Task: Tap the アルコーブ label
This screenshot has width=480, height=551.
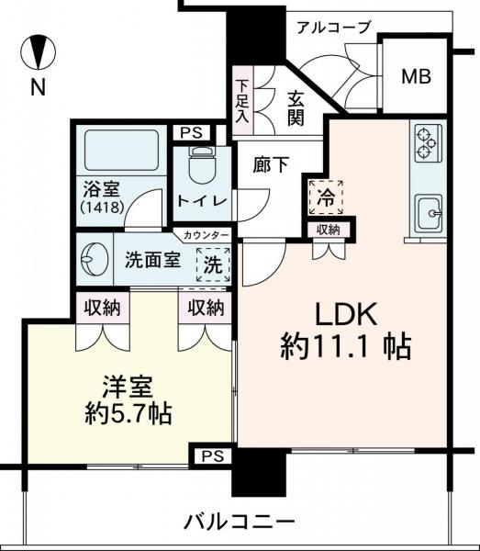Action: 333,27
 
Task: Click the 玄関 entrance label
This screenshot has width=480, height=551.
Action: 295,107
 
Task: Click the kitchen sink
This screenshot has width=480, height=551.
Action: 429,216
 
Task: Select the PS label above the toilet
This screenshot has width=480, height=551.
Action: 193,134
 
